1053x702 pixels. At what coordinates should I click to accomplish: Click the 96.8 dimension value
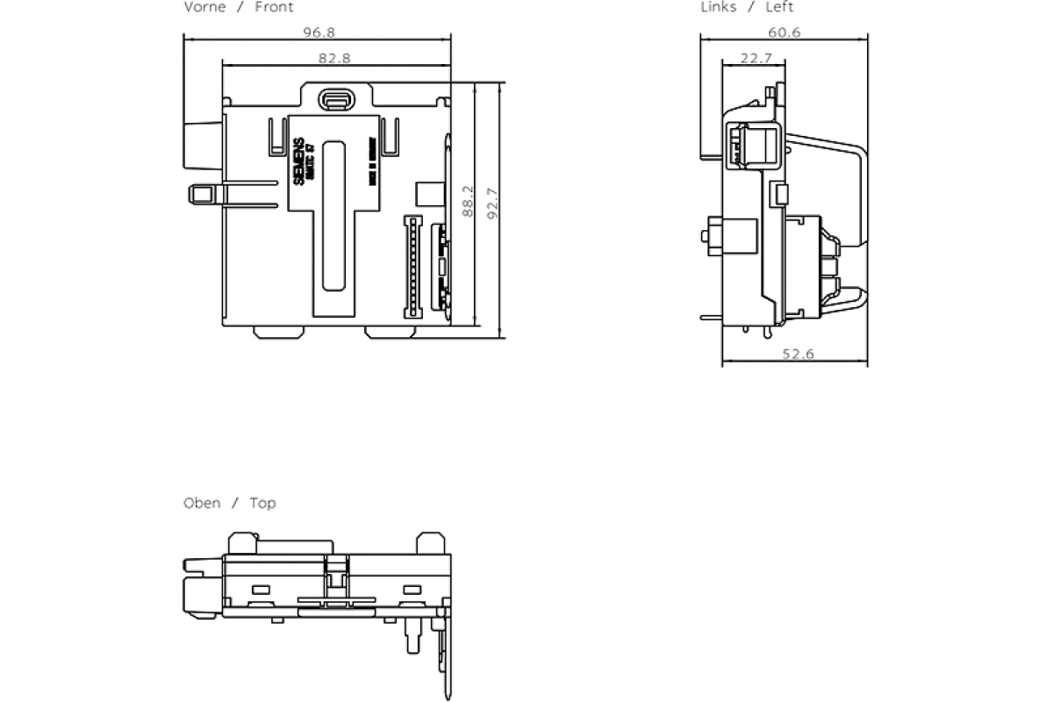point(319,32)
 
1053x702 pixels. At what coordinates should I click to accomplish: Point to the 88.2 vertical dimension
point(469,201)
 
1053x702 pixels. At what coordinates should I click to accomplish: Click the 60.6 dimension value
point(784,32)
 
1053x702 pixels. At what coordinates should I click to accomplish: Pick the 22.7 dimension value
point(756,58)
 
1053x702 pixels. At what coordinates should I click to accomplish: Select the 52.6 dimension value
point(798,354)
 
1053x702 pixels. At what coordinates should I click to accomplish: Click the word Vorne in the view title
point(204,7)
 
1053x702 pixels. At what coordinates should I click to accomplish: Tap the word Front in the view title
point(274,7)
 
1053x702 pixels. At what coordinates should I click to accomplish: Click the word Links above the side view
point(719,7)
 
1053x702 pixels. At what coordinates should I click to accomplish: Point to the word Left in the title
point(779,7)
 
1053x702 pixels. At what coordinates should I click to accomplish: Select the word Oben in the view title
point(202,503)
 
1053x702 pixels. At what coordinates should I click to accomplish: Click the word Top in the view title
point(262,503)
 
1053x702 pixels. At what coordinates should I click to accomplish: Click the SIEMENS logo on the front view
point(298,161)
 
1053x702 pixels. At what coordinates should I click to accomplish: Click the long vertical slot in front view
point(334,215)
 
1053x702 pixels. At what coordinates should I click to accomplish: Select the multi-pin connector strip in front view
point(409,266)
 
